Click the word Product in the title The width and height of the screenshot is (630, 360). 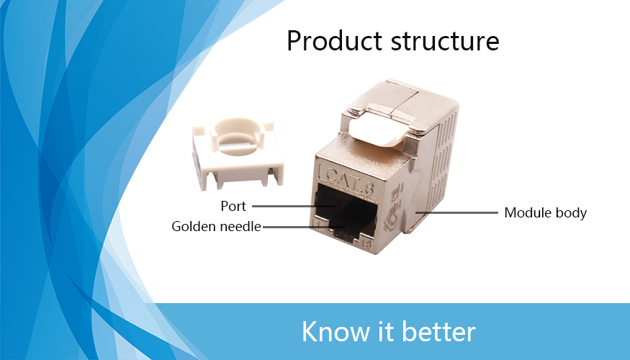click(335, 40)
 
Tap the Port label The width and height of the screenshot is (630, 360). click(233, 206)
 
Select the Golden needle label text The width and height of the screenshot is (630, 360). click(216, 226)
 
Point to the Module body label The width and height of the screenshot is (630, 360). click(545, 212)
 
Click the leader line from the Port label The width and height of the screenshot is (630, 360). click(293, 206)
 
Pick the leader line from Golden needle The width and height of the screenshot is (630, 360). click(304, 227)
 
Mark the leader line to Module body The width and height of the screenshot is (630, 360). click(456, 212)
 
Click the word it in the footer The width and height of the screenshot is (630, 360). click(386, 331)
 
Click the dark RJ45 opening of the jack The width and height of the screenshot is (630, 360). click(346, 213)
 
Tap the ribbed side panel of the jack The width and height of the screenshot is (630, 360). click(441, 161)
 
